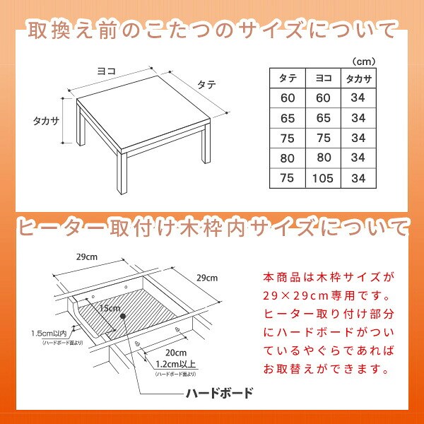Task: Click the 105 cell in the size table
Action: click(323, 178)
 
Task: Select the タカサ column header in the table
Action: click(358, 78)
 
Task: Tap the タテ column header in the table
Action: click(288, 78)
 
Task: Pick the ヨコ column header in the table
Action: click(324, 78)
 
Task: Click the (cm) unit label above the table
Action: click(364, 62)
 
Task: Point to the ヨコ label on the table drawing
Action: click(106, 71)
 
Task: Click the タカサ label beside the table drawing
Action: click(46, 121)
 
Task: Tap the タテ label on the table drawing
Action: click(206, 85)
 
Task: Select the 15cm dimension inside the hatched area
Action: click(110, 308)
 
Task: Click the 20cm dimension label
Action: click(176, 353)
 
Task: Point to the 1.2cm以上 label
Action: click(175, 364)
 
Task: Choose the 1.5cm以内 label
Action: click(49, 334)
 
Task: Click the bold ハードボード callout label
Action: click(219, 393)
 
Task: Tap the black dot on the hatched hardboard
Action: click(123, 316)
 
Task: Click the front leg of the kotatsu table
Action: click(122, 173)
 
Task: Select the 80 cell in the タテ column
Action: click(287, 158)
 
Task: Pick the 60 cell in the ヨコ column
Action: click(323, 98)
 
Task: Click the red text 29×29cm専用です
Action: click(326, 296)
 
